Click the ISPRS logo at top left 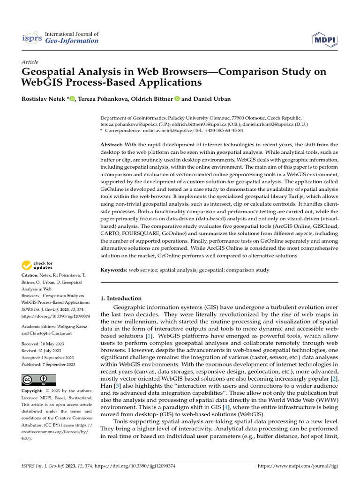point(32,37)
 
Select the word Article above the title point(30,62)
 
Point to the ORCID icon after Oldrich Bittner point(177,98)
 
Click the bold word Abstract point(112,146)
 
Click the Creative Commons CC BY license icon point(39,380)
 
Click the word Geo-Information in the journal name point(72,41)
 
